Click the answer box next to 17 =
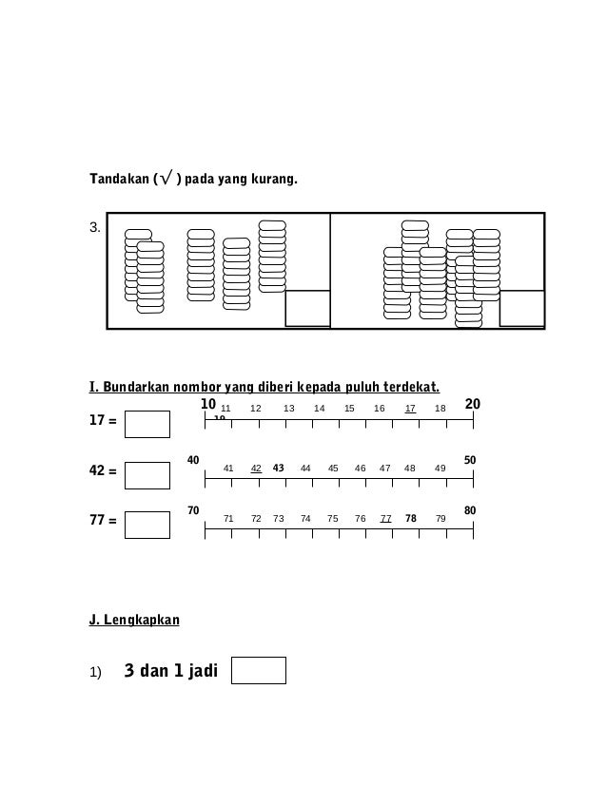coord(147,424)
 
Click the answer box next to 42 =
coord(147,474)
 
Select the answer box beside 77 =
coord(147,525)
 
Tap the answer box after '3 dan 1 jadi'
coord(259,670)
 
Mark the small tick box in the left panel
coord(307,308)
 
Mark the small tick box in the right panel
coord(521,308)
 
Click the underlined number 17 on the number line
coord(410,409)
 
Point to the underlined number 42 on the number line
coord(256,468)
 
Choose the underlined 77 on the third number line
coord(385,519)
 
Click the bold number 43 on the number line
coord(279,468)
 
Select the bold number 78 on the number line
coord(410,519)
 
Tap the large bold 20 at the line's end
coord(473,405)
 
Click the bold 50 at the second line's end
coord(470,460)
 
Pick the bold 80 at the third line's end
coord(470,511)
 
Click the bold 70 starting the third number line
coord(193,511)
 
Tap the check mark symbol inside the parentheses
coord(166,178)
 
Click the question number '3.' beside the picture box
coord(94,228)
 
